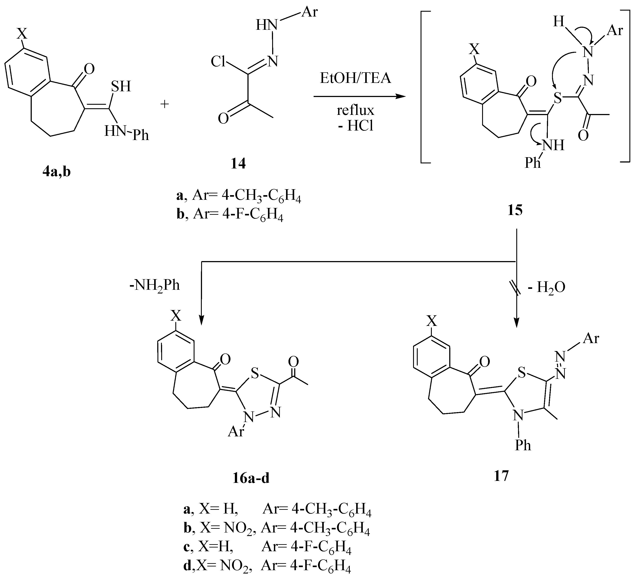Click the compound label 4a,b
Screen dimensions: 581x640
pyautogui.click(x=56, y=172)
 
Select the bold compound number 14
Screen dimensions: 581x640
pyautogui.click(x=238, y=164)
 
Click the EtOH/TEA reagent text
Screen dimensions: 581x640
pyautogui.click(x=356, y=78)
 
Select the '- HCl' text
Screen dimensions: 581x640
pyautogui.click(x=356, y=126)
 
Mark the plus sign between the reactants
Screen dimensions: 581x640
pyautogui.click(x=165, y=104)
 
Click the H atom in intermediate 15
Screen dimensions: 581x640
pyautogui.click(x=558, y=22)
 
